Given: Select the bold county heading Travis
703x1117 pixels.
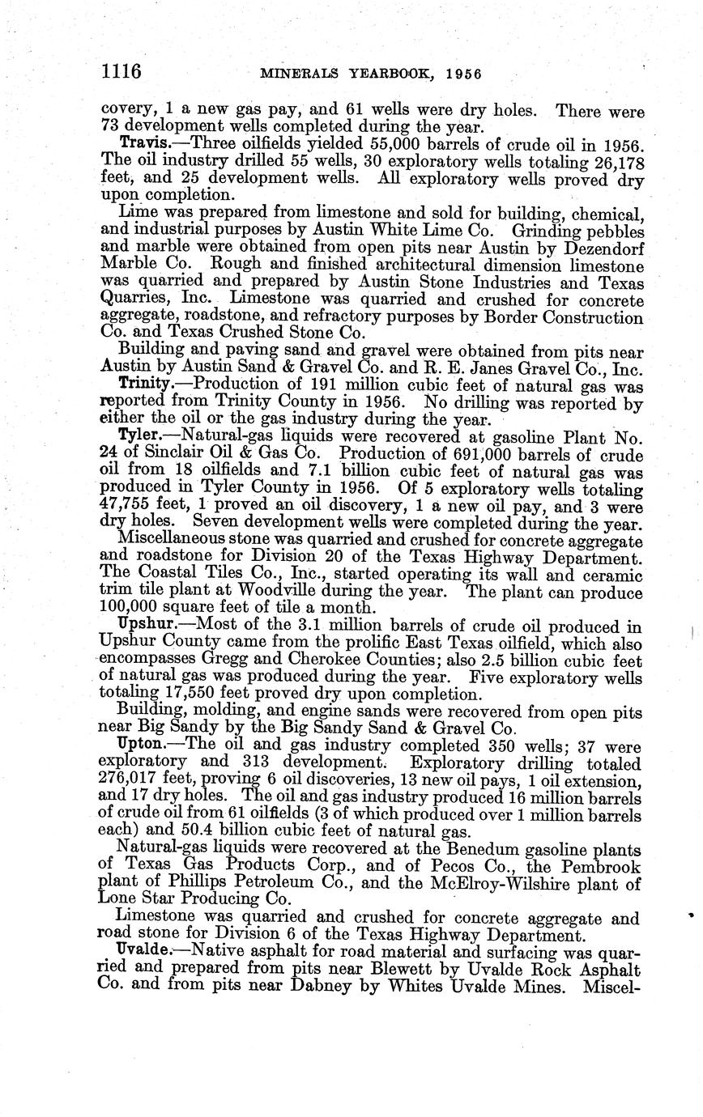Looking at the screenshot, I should pyautogui.click(x=143, y=144).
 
